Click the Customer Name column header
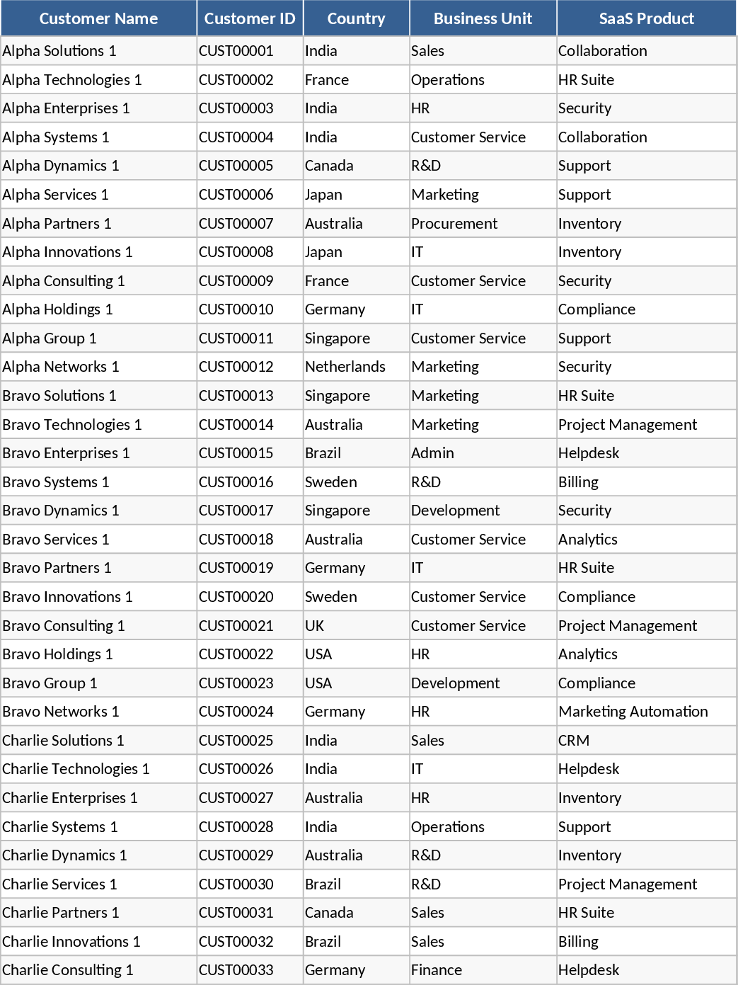pyautogui.click(x=98, y=19)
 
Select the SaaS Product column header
pyautogui.click(x=646, y=19)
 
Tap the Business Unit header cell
pyautogui.click(x=483, y=19)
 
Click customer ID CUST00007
pyautogui.click(x=236, y=224)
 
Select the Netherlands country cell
pyautogui.click(x=345, y=367)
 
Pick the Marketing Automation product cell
pyautogui.click(x=633, y=712)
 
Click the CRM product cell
pyautogui.click(x=574, y=741)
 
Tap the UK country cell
pyautogui.click(x=315, y=626)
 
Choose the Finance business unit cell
pyautogui.click(x=437, y=970)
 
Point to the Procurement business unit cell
pyautogui.click(x=454, y=224)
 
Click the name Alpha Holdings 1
pyautogui.click(x=58, y=309)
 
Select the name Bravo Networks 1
pyautogui.click(x=61, y=712)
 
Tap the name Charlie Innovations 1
pyautogui.click(x=71, y=942)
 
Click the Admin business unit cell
pyautogui.click(x=433, y=453)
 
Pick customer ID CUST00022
pyautogui.click(x=236, y=654)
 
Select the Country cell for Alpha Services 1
pyautogui.click(x=324, y=195)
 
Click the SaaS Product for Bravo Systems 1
pyautogui.click(x=579, y=482)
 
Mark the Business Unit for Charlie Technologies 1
pyautogui.click(x=417, y=769)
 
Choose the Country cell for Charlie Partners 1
pyautogui.click(x=329, y=913)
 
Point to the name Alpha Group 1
pyautogui.click(x=50, y=338)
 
